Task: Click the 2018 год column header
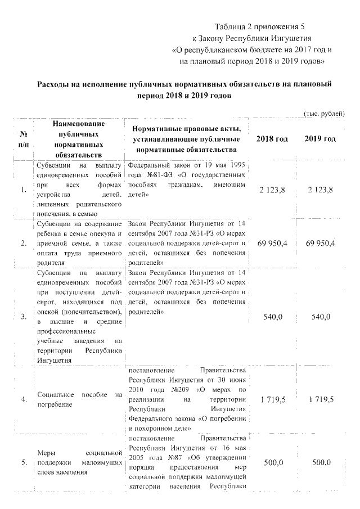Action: pyautogui.click(x=272, y=139)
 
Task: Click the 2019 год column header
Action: pyautogui.click(x=321, y=139)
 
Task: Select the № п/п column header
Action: pyautogui.click(x=24, y=139)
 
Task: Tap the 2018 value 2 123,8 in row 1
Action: pyautogui.click(x=272, y=190)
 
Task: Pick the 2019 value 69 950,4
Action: pyautogui.click(x=321, y=243)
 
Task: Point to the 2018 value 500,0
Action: pyautogui.click(x=273, y=462)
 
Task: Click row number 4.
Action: pyautogui.click(x=24, y=399)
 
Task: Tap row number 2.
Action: pyautogui.click(x=24, y=243)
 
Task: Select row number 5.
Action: pyautogui.click(x=24, y=462)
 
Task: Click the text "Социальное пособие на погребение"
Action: pyautogui.click(x=79, y=399)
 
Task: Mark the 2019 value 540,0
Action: pyautogui.click(x=321, y=317)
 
